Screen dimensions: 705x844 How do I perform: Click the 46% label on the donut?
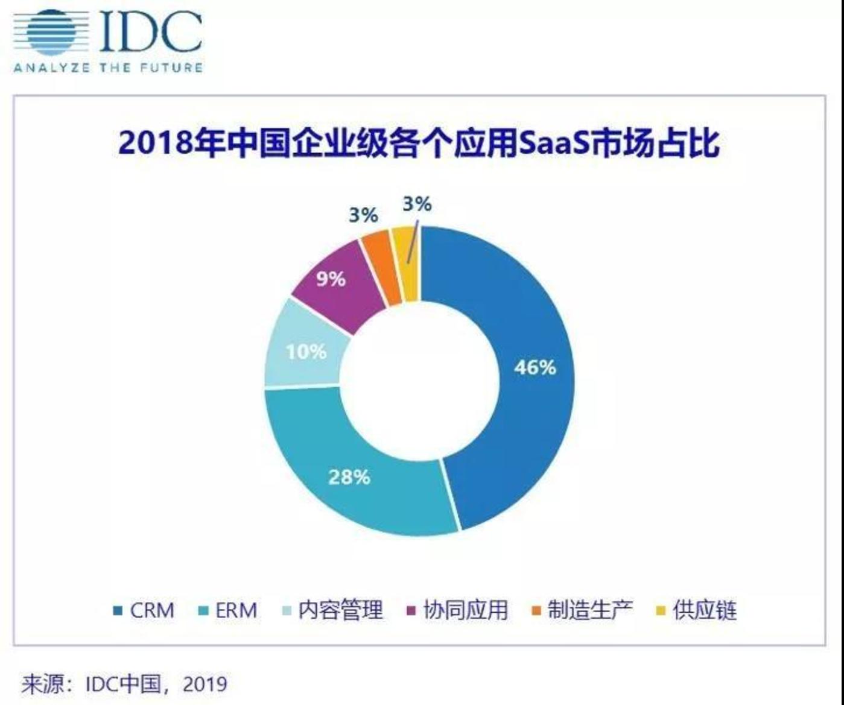tap(535, 367)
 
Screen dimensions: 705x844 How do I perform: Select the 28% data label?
tap(349, 477)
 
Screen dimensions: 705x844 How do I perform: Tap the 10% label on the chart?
tap(306, 351)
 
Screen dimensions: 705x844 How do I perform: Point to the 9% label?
tap(331, 279)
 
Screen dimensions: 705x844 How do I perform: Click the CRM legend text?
tap(152, 610)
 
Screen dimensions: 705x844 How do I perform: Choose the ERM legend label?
tap(236, 610)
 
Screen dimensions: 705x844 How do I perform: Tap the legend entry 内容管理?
tap(341, 610)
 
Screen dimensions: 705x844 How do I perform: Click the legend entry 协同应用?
tap(465, 610)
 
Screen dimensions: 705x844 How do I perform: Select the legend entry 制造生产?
tap(590, 610)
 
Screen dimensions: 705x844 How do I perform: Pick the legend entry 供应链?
tap(705, 610)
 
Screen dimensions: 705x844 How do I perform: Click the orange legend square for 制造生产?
tap(536, 611)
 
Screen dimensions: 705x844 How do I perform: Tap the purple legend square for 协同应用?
tap(412, 611)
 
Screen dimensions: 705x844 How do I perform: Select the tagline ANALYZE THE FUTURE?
tap(108, 68)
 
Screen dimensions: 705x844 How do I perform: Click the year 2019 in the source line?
tap(205, 684)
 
